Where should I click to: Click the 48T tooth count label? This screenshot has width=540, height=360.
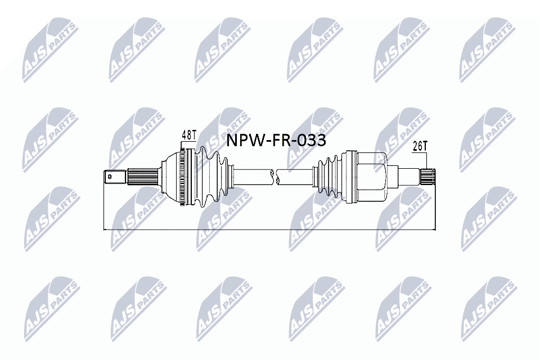188,136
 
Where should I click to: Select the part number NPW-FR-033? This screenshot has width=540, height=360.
276,140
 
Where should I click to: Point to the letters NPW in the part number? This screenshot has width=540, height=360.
241,140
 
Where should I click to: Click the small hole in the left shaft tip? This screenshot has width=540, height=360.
110,177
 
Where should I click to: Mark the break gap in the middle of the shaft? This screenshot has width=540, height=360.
276,176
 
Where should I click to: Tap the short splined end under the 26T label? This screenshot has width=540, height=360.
429,176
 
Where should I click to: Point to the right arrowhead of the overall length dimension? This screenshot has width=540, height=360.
434,229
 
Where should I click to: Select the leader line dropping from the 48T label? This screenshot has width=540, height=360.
182,145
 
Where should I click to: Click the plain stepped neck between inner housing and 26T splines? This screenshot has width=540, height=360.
405,176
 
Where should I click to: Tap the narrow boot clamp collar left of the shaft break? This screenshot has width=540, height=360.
231,176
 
